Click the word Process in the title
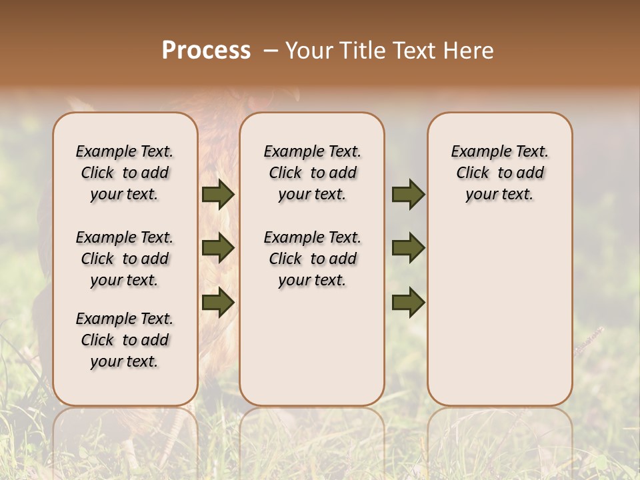(206, 51)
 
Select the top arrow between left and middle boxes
(218, 195)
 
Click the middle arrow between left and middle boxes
(218, 249)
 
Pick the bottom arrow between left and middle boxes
(218, 302)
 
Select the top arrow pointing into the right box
(408, 195)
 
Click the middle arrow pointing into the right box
(408, 249)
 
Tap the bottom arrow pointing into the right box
(408, 302)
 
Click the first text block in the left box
(125, 173)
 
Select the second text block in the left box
(125, 259)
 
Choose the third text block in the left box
(125, 340)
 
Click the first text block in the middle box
(312, 173)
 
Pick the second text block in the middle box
(312, 259)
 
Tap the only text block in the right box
(500, 173)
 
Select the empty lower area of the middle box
(312, 347)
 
